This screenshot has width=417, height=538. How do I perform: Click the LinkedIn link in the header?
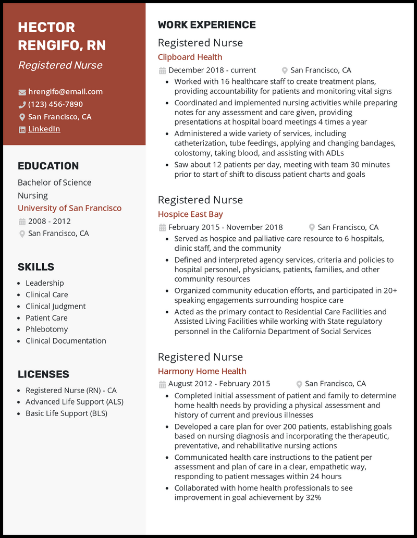44,129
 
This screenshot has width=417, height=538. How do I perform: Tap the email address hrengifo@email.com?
65,92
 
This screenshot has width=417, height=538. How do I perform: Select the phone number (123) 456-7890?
55,104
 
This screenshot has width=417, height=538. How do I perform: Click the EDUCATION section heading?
48,166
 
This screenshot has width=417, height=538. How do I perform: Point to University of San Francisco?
69,208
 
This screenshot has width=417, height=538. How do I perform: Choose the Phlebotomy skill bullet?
46,329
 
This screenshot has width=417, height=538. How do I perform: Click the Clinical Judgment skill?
55,306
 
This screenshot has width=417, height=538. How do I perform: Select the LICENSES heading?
43,374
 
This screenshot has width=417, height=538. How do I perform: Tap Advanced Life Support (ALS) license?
74,402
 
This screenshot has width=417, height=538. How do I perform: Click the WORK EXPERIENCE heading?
206,25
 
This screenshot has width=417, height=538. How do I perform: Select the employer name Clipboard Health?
190,57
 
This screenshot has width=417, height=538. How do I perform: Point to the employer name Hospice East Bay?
190,214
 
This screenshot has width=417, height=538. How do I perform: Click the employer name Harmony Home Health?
202,371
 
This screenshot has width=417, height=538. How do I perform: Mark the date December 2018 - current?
212,70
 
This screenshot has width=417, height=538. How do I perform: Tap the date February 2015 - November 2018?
225,227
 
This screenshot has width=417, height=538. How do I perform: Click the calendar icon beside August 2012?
162,384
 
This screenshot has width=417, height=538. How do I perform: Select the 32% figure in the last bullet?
313,497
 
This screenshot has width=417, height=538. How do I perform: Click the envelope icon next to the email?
22,92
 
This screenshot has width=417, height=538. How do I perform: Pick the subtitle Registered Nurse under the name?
60,65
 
